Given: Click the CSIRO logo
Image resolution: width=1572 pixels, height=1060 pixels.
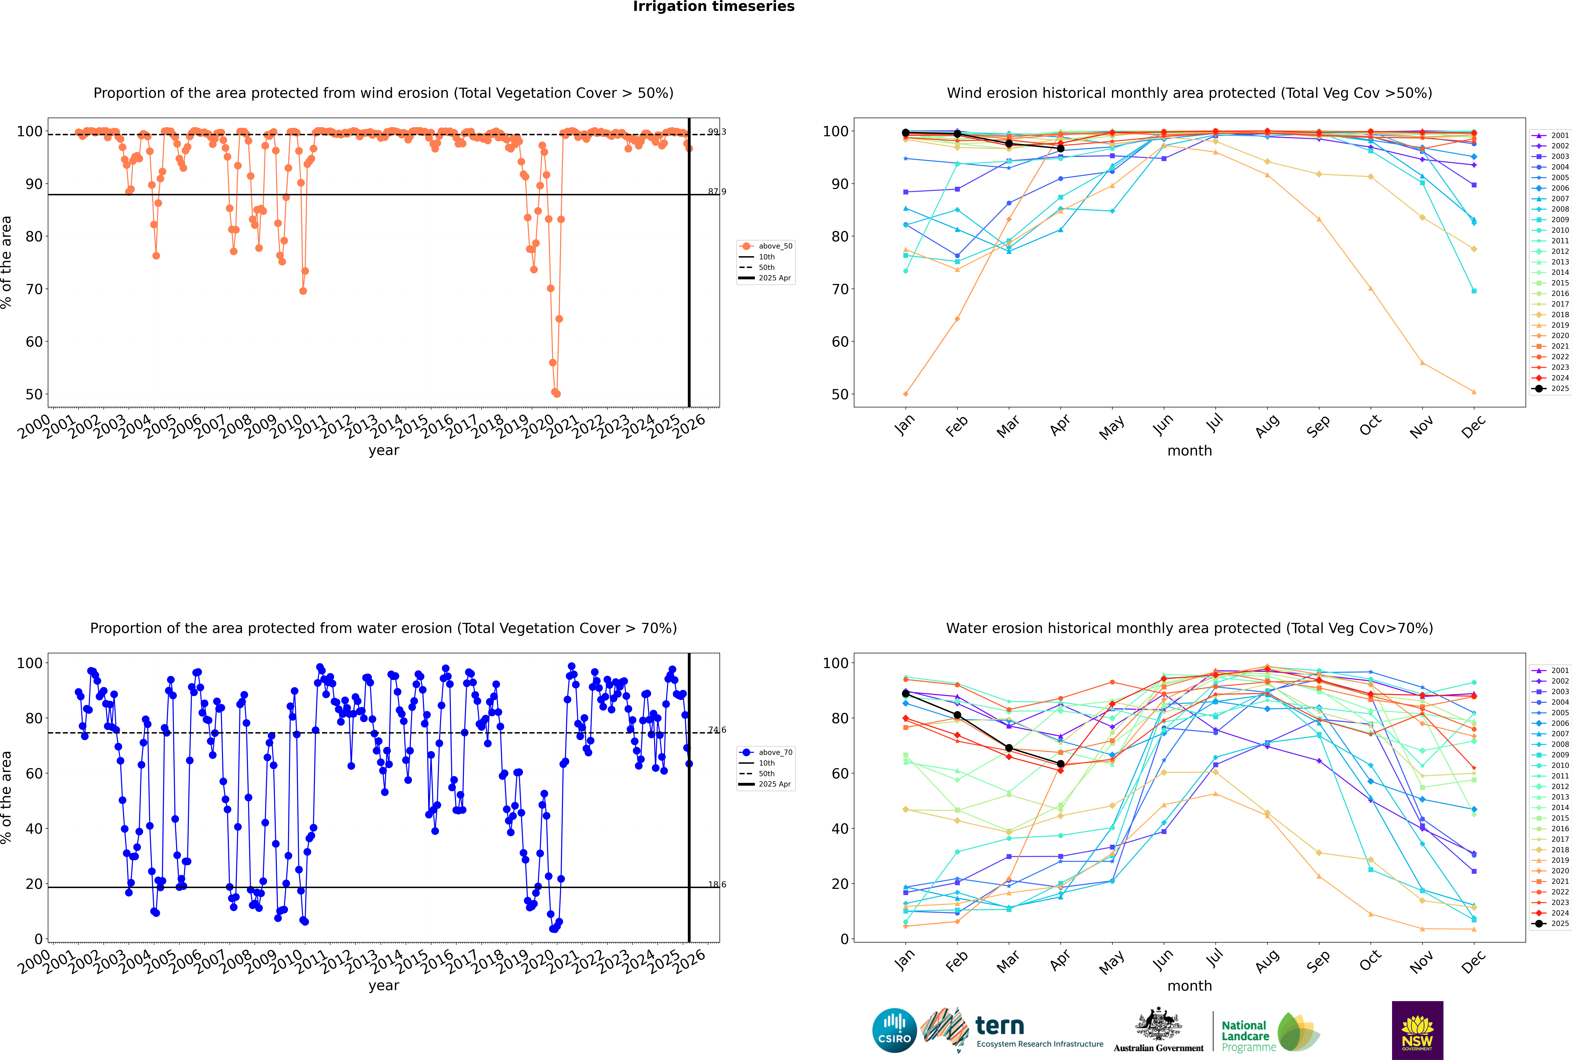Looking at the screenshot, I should point(894,1030).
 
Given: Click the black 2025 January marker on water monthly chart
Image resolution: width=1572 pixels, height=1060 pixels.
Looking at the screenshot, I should point(906,694).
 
